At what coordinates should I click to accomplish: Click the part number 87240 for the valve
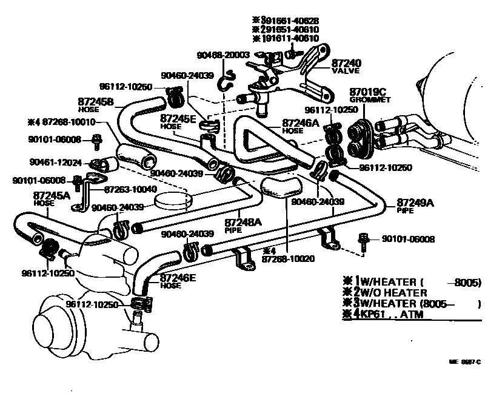[x=346, y=62]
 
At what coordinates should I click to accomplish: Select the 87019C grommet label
[x=364, y=92]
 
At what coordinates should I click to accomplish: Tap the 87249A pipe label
[x=415, y=202]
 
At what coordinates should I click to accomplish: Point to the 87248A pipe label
[x=243, y=223]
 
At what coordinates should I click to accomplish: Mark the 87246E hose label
[x=178, y=278]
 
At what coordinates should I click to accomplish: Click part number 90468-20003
[x=223, y=55]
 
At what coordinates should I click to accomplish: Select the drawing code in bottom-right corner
[x=464, y=361]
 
